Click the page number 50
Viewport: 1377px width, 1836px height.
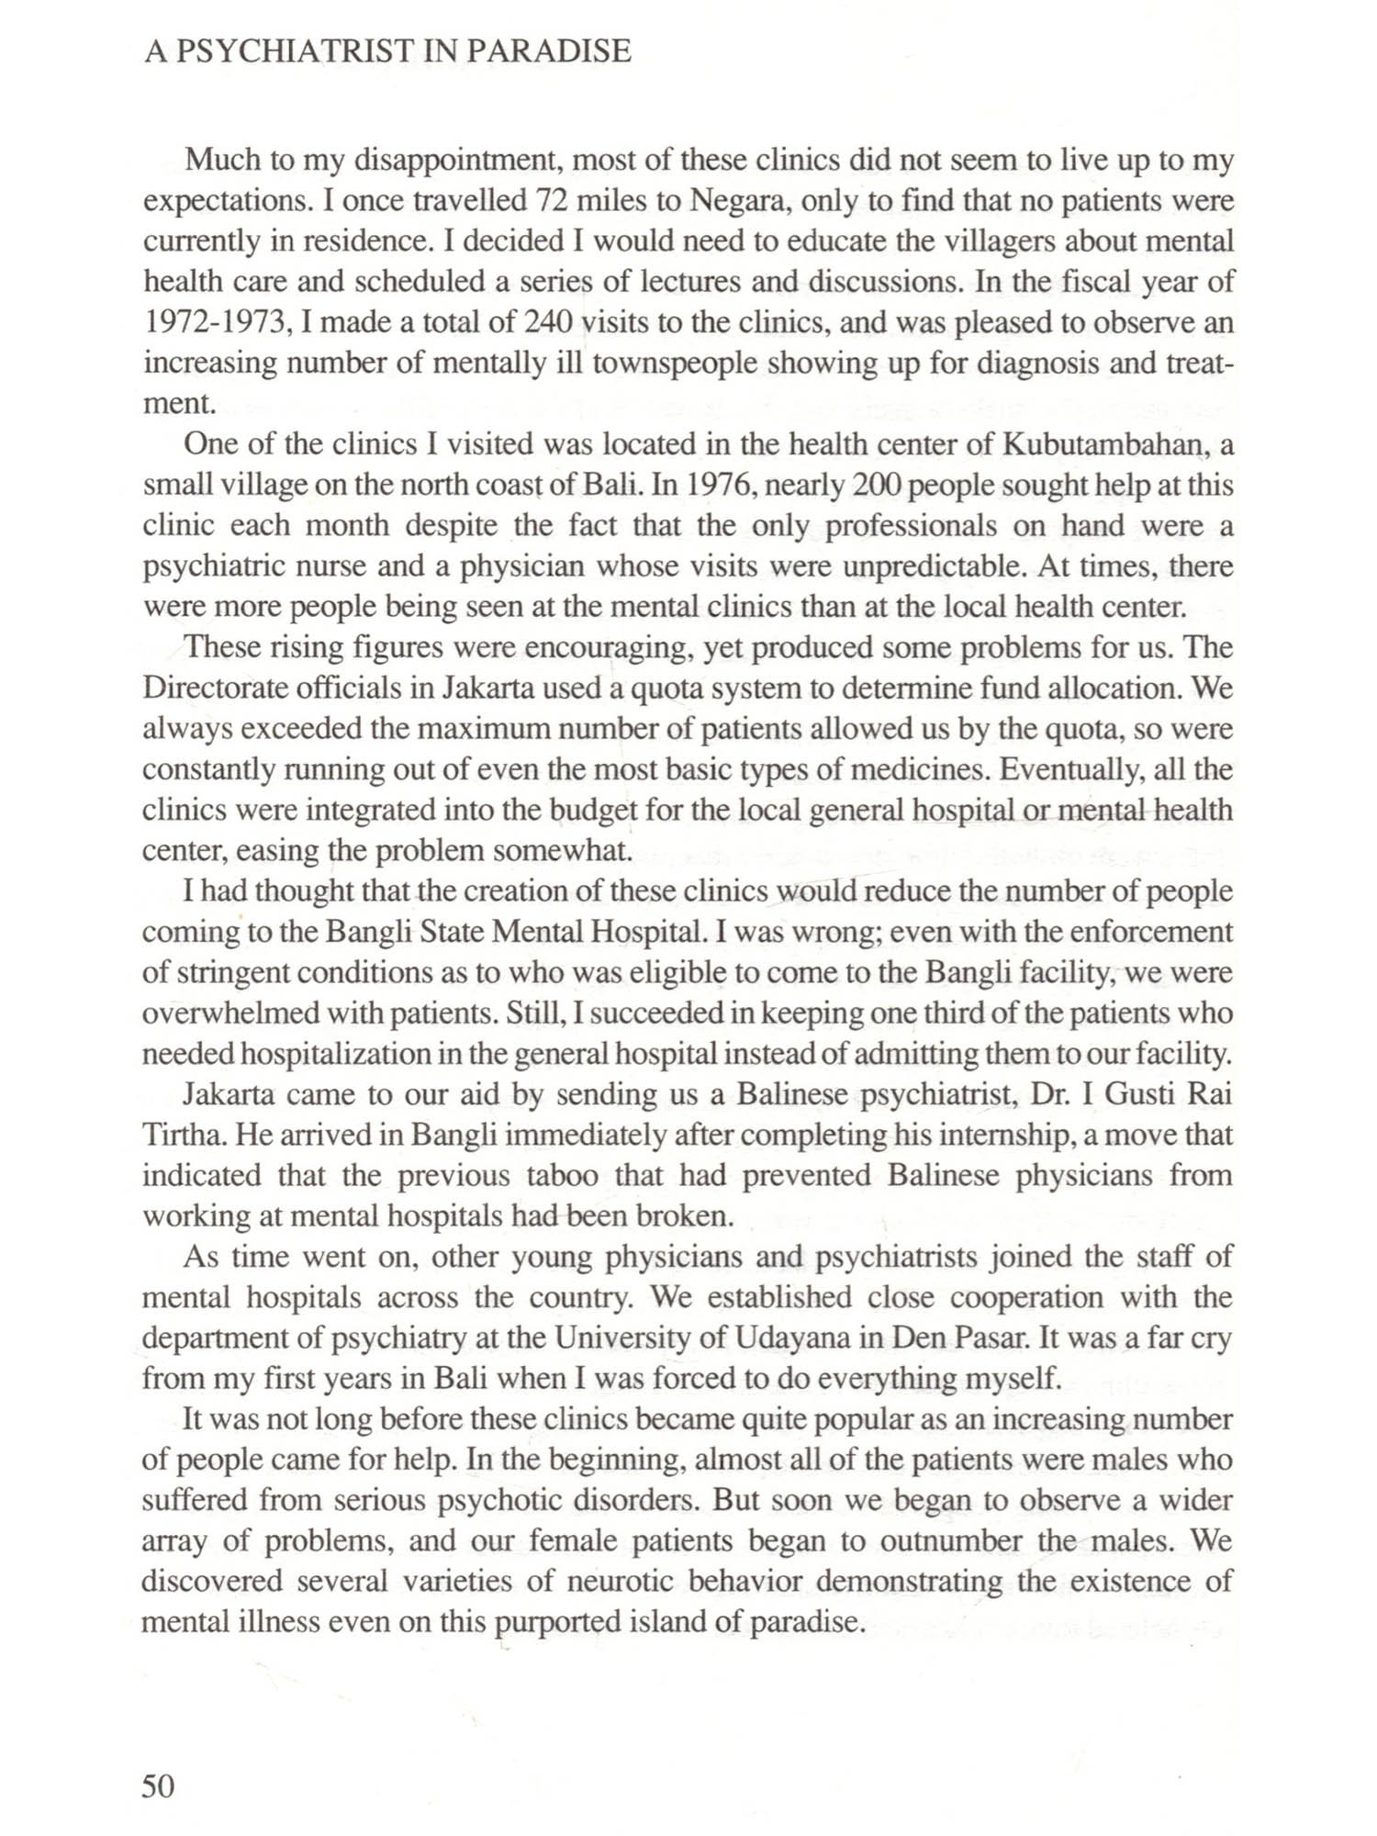tap(158, 1786)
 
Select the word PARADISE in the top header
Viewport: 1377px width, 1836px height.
tap(549, 51)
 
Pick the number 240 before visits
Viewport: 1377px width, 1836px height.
tap(548, 322)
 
